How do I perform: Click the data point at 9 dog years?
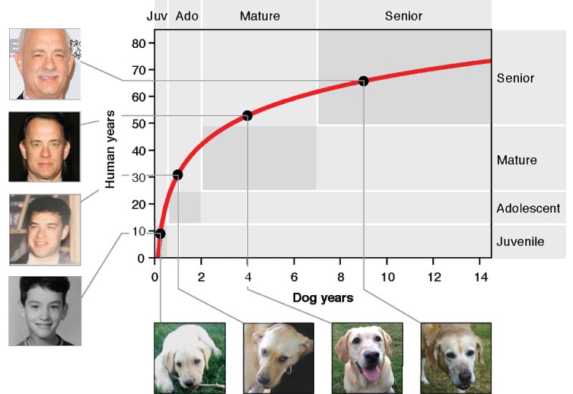tap(363, 81)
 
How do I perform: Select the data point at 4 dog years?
tap(247, 116)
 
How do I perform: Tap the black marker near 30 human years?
tap(177, 175)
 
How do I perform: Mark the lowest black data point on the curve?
tap(160, 234)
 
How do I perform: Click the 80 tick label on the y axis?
tap(138, 43)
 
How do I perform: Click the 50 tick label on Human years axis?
tap(138, 123)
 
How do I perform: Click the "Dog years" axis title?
tap(323, 298)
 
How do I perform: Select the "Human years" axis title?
tap(111, 149)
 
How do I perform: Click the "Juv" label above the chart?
tap(156, 16)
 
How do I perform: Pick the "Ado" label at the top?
tap(186, 16)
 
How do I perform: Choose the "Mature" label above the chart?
tap(259, 16)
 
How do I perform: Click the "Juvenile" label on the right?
tap(520, 242)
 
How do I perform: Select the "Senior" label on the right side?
tap(515, 78)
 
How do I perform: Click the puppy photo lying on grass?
tap(189, 357)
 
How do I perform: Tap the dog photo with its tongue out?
tap(368, 357)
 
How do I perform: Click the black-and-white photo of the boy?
tap(44, 310)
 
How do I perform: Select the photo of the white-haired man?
tap(44, 64)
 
